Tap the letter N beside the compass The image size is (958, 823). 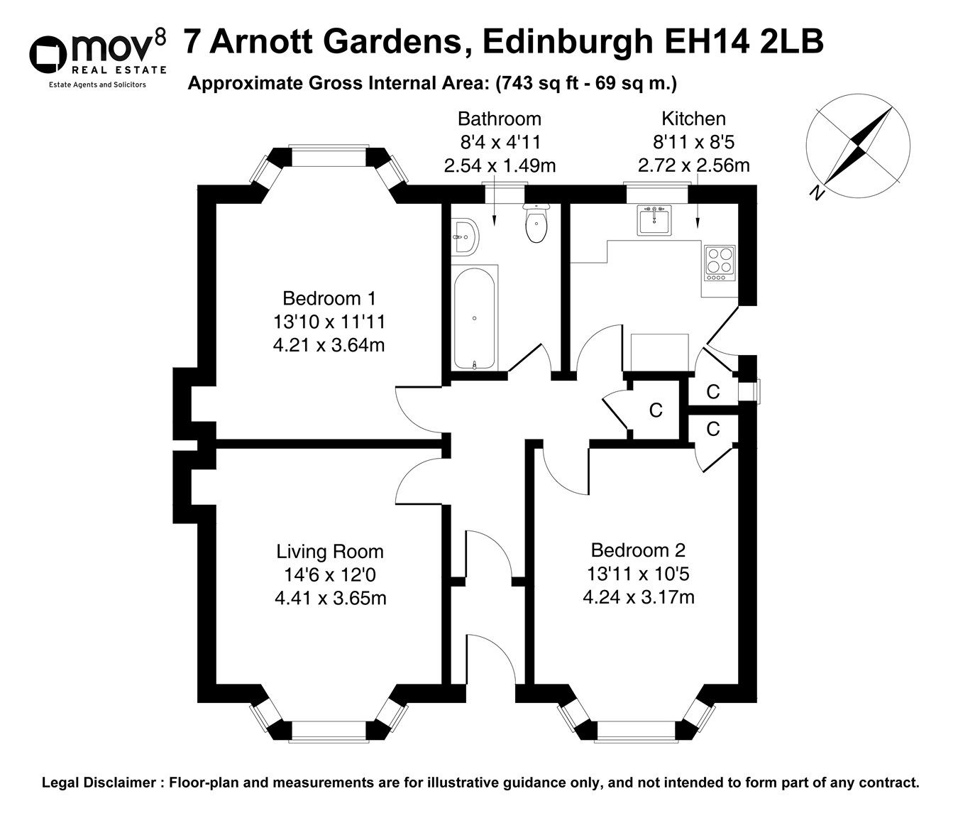pyautogui.click(x=818, y=192)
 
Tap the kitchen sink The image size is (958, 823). pyautogui.click(x=654, y=221)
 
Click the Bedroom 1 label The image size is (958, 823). pyautogui.click(x=329, y=298)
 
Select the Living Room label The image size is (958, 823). pyautogui.click(x=330, y=551)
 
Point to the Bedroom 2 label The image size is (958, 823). pyautogui.click(x=638, y=550)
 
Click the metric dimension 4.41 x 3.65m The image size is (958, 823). pyautogui.click(x=330, y=598)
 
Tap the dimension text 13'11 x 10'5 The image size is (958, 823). pyautogui.click(x=638, y=573)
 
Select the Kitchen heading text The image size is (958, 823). pyautogui.click(x=693, y=119)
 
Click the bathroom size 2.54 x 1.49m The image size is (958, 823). pyautogui.click(x=500, y=165)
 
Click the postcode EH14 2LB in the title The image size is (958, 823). pyautogui.click(x=743, y=41)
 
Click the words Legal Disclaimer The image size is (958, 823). pyautogui.click(x=99, y=783)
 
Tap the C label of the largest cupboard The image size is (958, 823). pyautogui.click(x=656, y=410)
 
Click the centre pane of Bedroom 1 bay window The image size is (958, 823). pyautogui.click(x=328, y=157)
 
